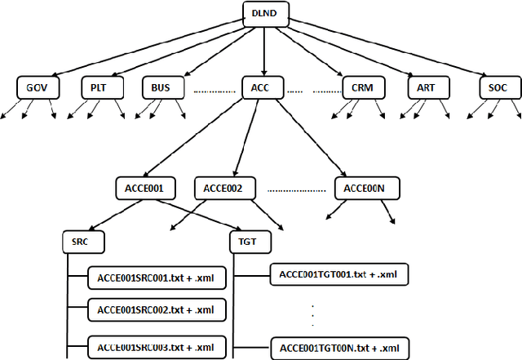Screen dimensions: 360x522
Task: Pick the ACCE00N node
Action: click(365, 189)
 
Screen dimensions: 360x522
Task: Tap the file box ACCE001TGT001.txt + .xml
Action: click(338, 273)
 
